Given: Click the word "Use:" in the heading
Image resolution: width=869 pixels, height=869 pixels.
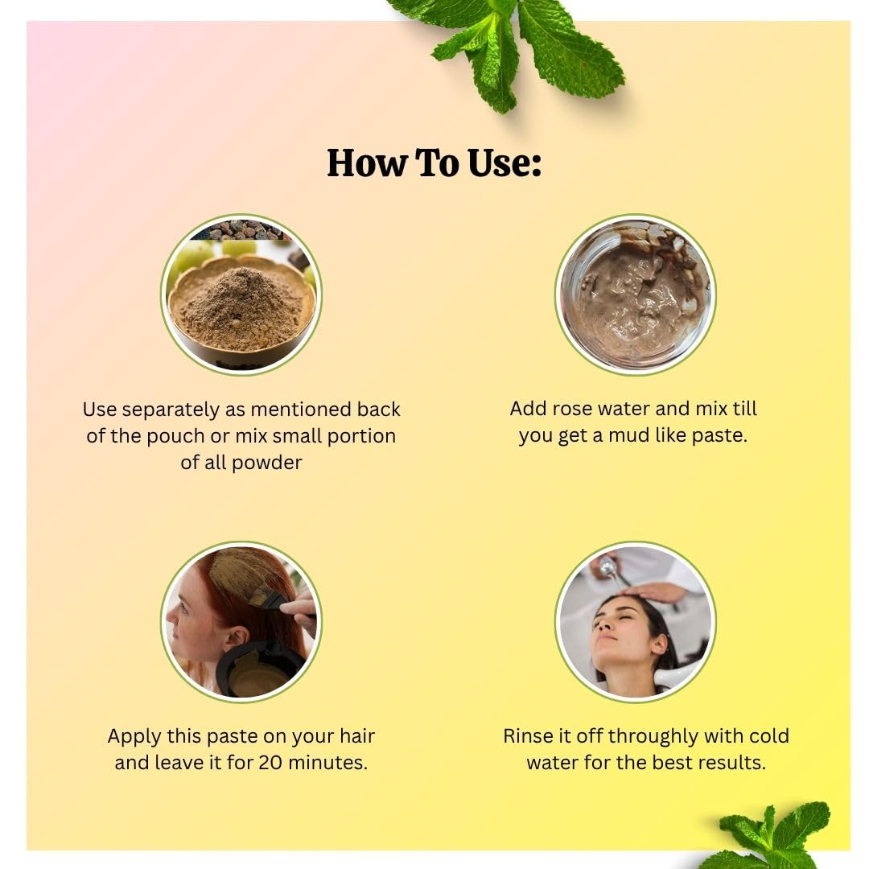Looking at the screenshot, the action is coord(504,163).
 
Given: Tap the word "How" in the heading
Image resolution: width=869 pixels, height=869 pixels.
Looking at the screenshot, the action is coord(366,163).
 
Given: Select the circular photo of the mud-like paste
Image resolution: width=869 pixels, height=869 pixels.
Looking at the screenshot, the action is coord(635,294).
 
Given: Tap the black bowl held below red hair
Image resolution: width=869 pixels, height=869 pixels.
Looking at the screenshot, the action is coord(261,670).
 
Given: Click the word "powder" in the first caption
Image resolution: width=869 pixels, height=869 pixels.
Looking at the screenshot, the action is coord(266,463).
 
